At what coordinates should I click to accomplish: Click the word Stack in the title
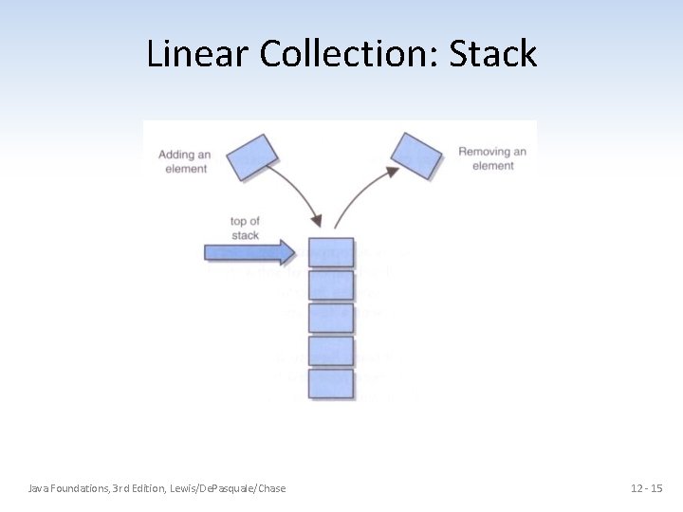(493, 54)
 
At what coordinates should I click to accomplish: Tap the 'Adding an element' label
(184, 161)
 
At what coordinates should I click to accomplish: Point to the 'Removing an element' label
(492, 158)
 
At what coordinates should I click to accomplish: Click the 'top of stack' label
(245, 229)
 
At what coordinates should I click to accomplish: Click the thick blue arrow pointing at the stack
(249, 252)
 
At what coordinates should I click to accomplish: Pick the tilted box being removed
(417, 155)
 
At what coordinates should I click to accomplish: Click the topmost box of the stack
(331, 252)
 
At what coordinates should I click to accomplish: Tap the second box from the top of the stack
(331, 285)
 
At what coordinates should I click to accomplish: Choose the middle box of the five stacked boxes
(331, 318)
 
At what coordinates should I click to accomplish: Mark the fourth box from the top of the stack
(331, 351)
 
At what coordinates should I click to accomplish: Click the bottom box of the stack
(331, 383)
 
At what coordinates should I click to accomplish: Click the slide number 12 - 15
(646, 488)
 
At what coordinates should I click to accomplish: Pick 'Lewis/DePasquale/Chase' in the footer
(228, 488)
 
